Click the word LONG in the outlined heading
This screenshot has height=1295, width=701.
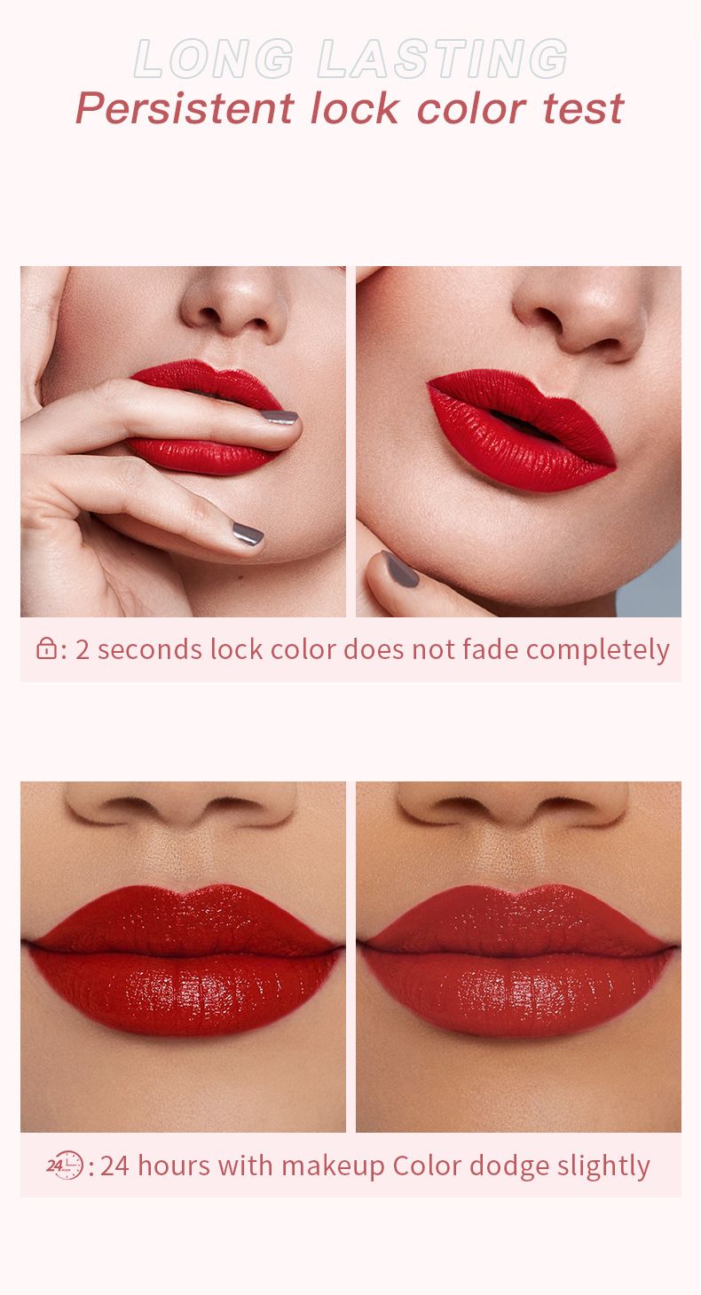(214, 59)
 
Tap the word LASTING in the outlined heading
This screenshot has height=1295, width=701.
(443, 59)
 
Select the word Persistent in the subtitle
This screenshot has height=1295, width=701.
(185, 108)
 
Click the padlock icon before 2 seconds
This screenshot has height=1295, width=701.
(46, 648)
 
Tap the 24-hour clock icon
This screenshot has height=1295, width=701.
(65, 1165)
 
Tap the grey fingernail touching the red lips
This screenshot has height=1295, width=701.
(280, 417)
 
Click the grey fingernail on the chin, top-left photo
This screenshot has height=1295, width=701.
(248, 533)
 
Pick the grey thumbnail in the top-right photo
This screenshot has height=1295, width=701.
(399, 569)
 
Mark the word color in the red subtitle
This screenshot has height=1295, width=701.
(471, 109)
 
